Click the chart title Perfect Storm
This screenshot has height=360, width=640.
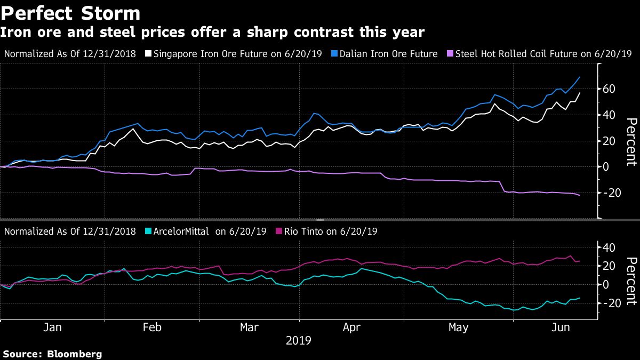(x=70, y=13)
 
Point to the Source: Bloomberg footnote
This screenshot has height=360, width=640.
(x=52, y=354)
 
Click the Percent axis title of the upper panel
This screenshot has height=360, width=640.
(x=631, y=141)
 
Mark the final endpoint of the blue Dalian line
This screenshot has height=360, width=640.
(x=580, y=77)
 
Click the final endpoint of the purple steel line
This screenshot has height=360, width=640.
(x=580, y=195)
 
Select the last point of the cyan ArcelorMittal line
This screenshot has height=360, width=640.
(x=580, y=298)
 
